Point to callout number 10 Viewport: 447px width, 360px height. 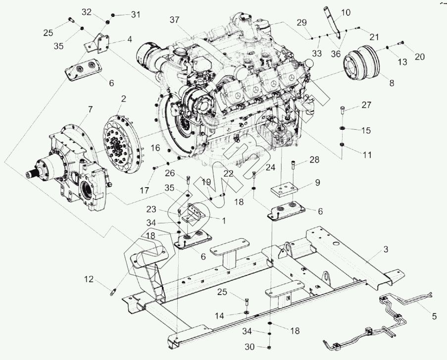345,11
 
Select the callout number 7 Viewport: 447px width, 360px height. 90,108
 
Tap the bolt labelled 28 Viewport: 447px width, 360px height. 295,163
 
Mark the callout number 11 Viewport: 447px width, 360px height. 367,155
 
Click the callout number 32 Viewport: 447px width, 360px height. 87,11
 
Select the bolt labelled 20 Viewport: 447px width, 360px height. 401,44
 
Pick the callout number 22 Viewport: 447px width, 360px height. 228,173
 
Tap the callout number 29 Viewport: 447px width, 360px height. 301,22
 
